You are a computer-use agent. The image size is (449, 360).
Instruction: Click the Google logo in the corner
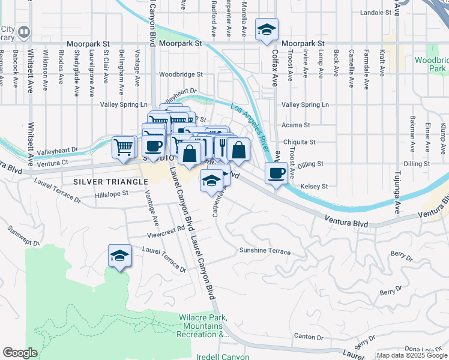click(20, 353)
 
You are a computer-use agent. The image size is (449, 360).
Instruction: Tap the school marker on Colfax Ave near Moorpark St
click(266, 29)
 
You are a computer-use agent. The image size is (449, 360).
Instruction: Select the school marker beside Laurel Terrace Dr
click(119, 256)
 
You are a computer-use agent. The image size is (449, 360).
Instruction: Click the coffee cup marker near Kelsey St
click(276, 173)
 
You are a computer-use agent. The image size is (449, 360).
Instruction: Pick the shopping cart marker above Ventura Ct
click(123, 146)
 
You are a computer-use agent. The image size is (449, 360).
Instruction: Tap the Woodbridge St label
click(181, 75)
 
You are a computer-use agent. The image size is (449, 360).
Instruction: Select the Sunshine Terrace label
click(265, 251)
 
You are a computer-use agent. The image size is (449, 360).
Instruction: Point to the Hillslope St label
click(112, 194)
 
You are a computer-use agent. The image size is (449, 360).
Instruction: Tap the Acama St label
click(296, 125)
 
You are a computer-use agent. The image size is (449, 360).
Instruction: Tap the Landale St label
click(375, 13)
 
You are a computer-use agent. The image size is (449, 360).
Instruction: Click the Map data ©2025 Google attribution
click(411, 355)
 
